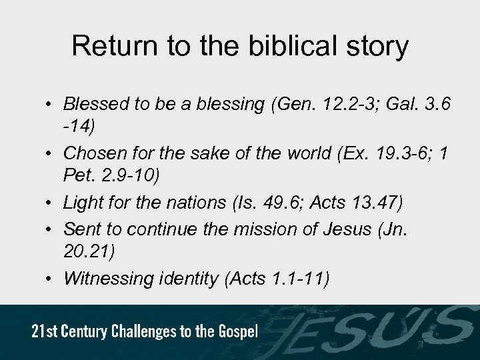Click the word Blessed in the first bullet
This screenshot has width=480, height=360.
pos(93,104)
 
